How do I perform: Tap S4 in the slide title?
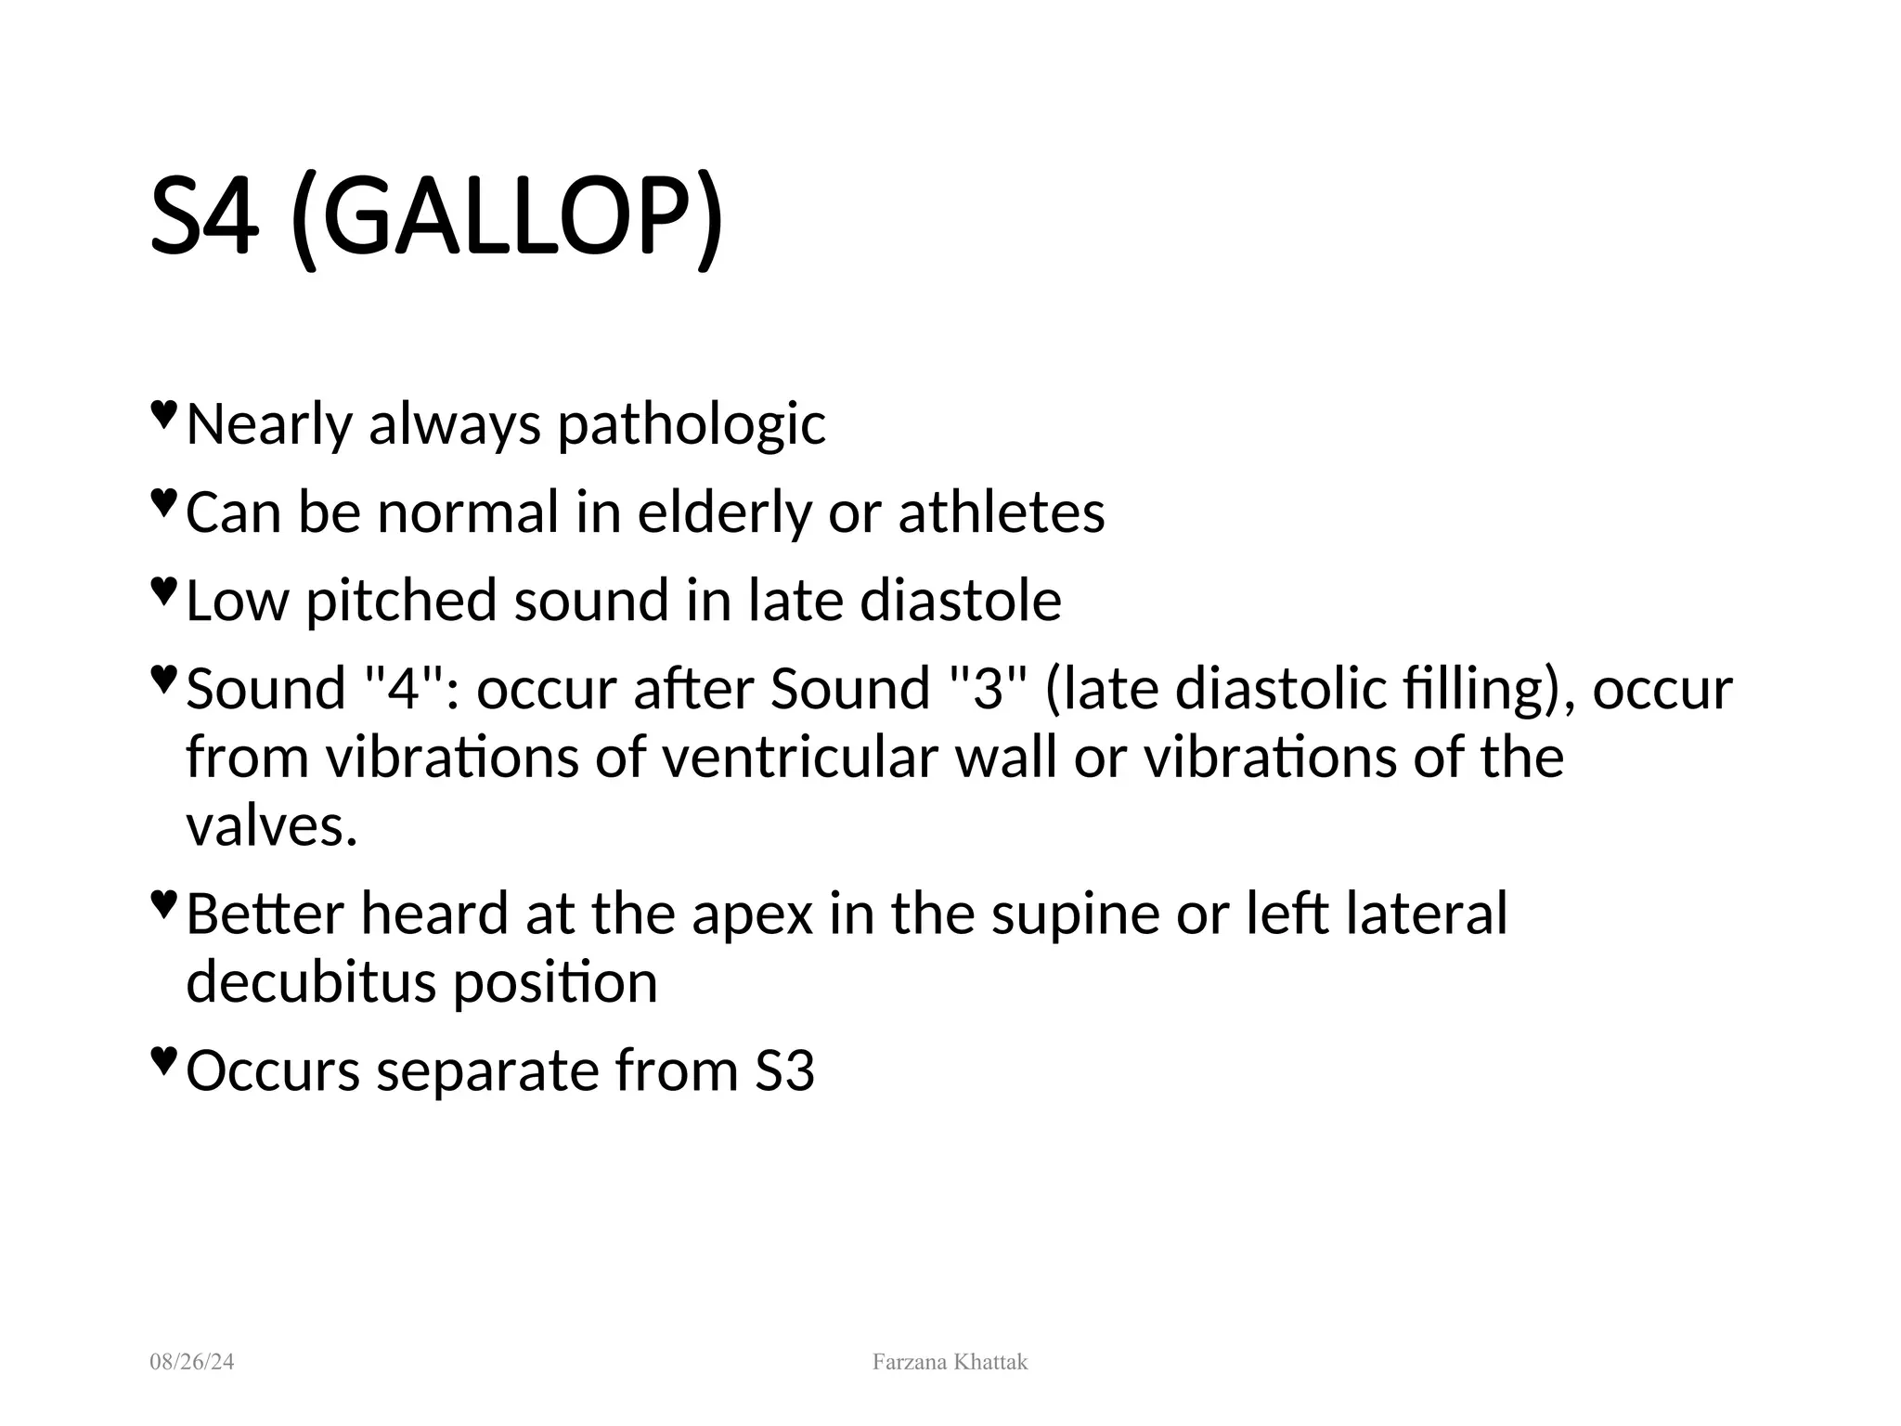(203, 220)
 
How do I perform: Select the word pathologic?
(691, 425)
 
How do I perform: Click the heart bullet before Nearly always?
(162, 414)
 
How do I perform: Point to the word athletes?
(1002, 512)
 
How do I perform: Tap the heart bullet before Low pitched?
(162, 590)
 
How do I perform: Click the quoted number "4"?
(404, 689)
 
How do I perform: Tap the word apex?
(752, 914)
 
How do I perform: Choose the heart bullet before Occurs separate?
(162, 1059)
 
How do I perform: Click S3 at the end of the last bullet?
(784, 1070)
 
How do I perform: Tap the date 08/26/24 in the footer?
(192, 1362)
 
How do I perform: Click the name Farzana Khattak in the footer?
(950, 1362)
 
